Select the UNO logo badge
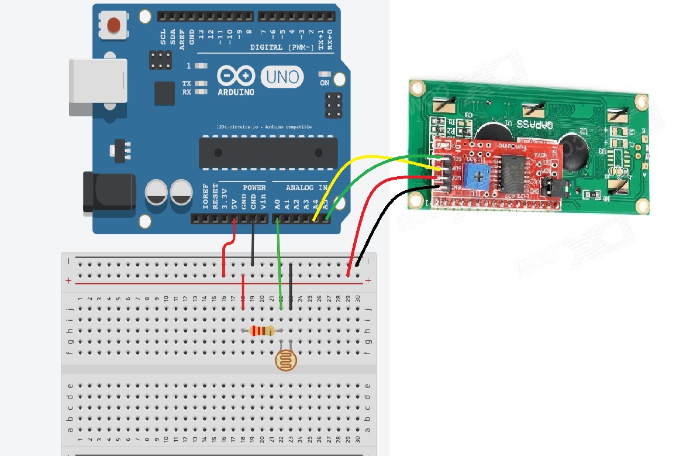pyautogui.click(x=282, y=77)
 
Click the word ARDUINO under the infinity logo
pyautogui.click(x=236, y=92)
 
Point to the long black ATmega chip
pyautogui.click(x=268, y=152)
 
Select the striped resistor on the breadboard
pyautogui.click(x=262, y=331)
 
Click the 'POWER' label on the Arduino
pyautogui.click(x=254, y=188)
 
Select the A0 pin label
pyautogui.click(x=277, y=205)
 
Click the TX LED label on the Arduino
pyautogui.click(x=187, y=84)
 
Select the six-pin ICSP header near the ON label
pyautogui.click(x=333, y=104)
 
